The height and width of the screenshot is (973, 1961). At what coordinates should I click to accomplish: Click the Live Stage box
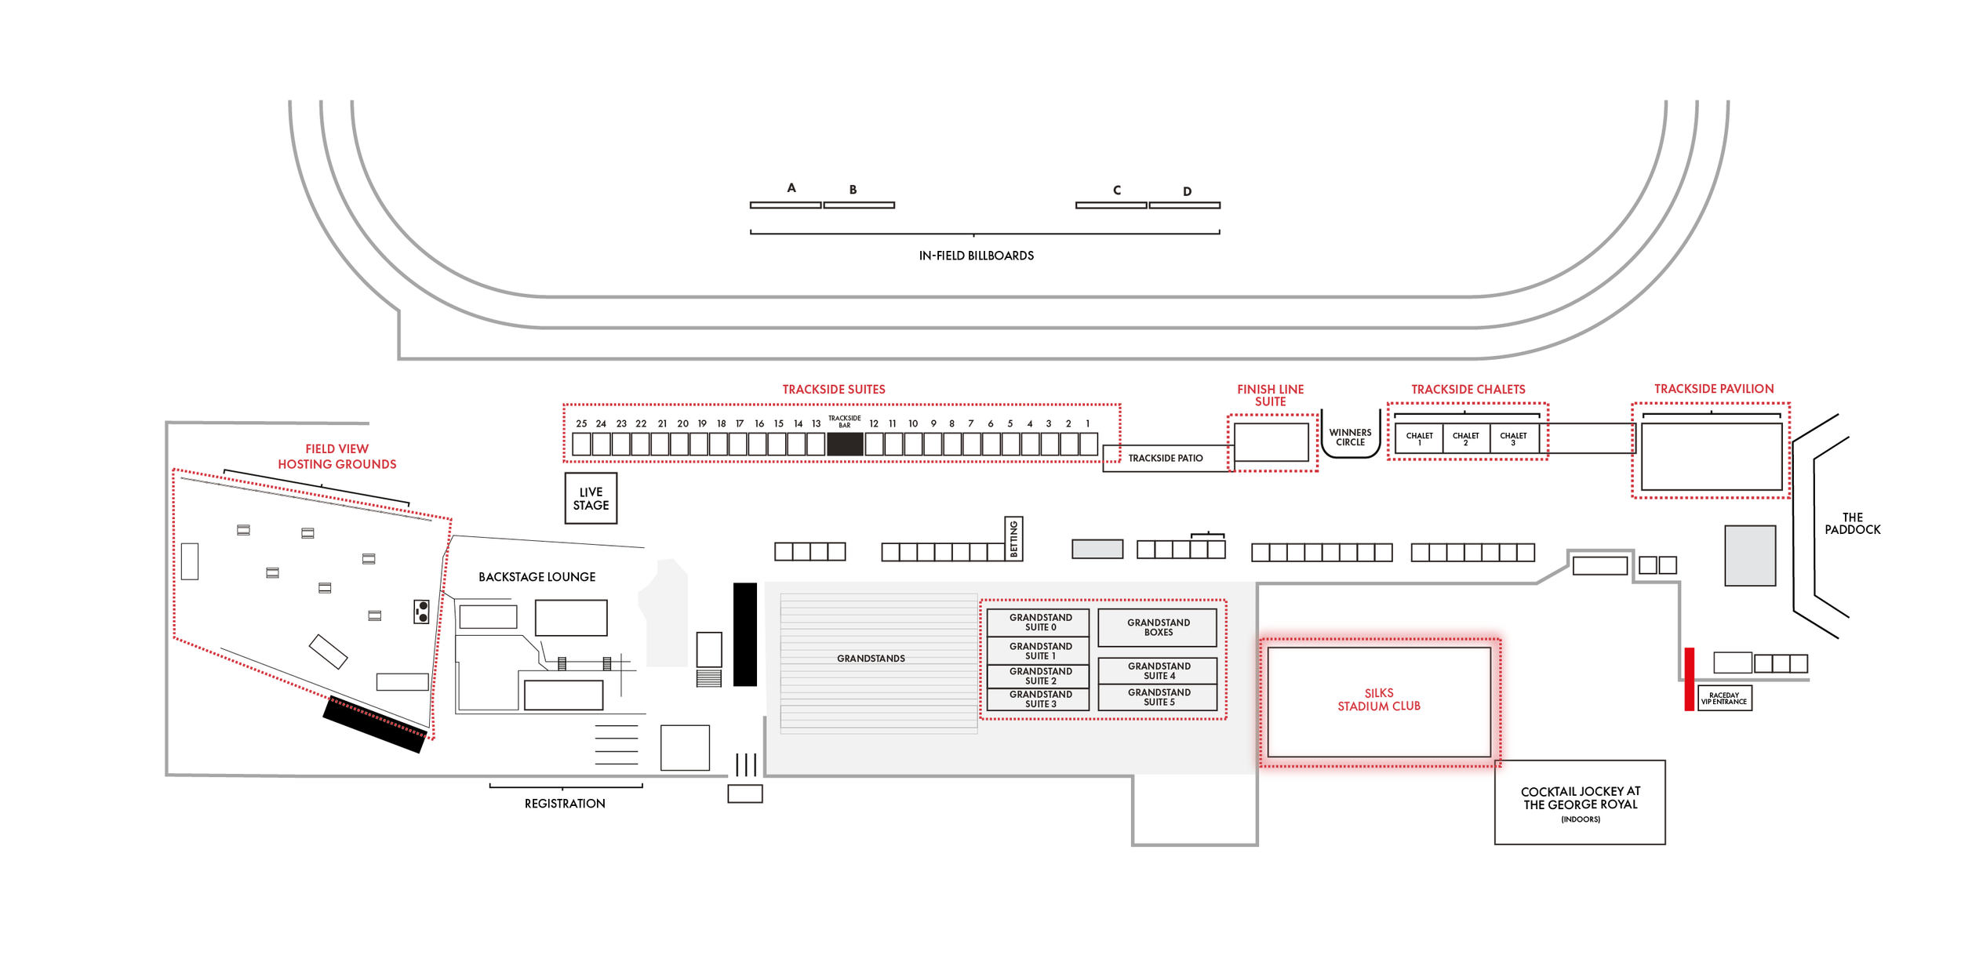point(591,498)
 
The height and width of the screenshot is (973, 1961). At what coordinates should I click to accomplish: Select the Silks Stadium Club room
point(1379,702)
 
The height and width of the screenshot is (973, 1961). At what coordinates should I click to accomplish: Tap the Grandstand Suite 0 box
point(1038,623)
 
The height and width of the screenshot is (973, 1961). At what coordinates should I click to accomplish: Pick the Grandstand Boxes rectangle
point(1157,627)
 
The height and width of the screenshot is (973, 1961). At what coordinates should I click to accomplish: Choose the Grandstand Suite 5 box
point(1158,697)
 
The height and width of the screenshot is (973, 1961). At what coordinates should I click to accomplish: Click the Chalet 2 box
point(1465,438)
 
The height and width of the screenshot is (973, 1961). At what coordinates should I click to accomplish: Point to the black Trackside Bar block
point(845,444)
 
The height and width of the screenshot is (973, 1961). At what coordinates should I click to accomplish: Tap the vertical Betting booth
point(1013,539)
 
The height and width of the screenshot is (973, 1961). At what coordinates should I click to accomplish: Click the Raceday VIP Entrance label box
point(1724,698)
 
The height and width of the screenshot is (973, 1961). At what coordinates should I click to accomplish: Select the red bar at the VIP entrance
point(1689,679)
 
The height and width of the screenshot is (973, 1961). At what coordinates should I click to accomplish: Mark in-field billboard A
point(785,205)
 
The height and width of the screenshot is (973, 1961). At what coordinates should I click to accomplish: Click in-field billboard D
point(1184,205)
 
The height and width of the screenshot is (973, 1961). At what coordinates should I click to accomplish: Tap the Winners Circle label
point(1350,437)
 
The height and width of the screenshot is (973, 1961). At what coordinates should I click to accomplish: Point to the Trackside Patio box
point(1168,458)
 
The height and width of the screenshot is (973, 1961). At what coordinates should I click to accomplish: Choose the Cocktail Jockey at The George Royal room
point(1580,802)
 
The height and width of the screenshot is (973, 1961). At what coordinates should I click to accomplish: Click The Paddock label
point(1852,524)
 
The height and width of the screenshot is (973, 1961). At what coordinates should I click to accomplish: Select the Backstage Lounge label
point(537,577)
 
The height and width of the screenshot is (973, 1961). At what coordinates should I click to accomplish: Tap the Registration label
point(565,804)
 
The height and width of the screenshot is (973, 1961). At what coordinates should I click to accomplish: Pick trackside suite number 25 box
point(581,445)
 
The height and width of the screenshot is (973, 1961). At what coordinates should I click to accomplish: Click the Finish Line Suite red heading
point(1270,395)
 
